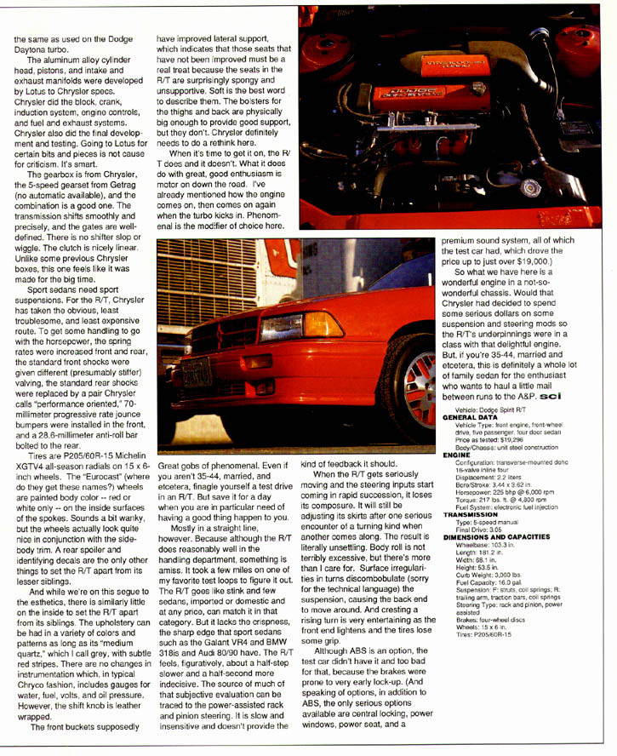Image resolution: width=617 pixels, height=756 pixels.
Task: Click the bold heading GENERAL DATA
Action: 469,419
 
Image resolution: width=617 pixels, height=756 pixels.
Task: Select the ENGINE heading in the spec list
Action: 457,455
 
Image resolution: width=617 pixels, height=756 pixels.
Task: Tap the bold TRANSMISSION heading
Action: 469,514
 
